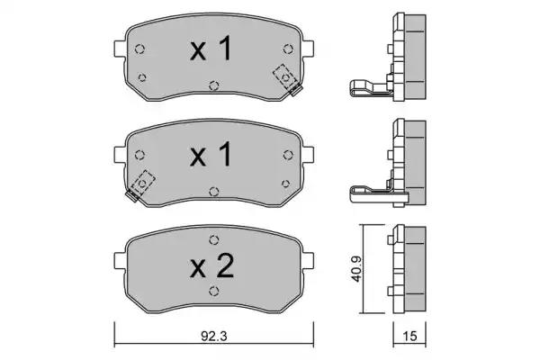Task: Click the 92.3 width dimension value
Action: (214, 336)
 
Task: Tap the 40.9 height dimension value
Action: (356, 269)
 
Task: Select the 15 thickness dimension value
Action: (409, 336)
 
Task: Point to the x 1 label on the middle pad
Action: (211, 155)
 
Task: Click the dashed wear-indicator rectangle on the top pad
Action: (284, 76)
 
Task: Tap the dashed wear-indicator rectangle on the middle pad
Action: (142, 183)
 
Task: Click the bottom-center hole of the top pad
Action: (214, 85)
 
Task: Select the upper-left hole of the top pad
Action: (139, 49)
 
